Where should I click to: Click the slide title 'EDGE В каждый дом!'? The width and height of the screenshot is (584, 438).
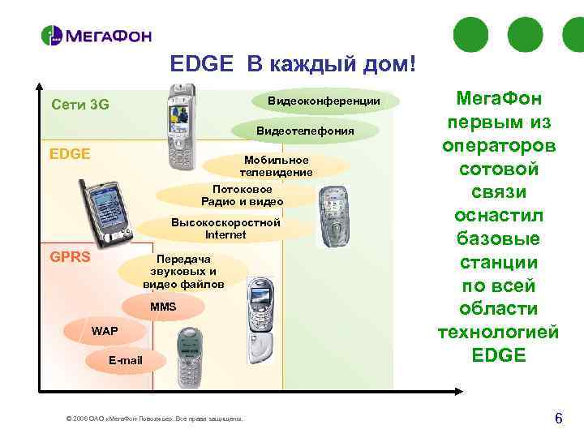292,64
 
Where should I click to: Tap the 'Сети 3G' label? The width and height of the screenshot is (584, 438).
79,105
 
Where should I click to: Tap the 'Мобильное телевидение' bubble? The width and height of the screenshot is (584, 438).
276,165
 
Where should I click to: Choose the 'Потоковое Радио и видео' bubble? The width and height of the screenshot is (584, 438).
243,195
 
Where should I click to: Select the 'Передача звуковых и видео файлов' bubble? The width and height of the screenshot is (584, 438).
183,272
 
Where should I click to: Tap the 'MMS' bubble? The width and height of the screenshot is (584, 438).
162,307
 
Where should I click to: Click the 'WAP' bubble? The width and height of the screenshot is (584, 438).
104,331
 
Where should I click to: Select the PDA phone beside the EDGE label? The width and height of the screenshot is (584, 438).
107,213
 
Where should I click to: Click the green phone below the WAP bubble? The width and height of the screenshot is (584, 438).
191,358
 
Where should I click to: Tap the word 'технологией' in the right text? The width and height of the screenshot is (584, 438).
498,333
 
